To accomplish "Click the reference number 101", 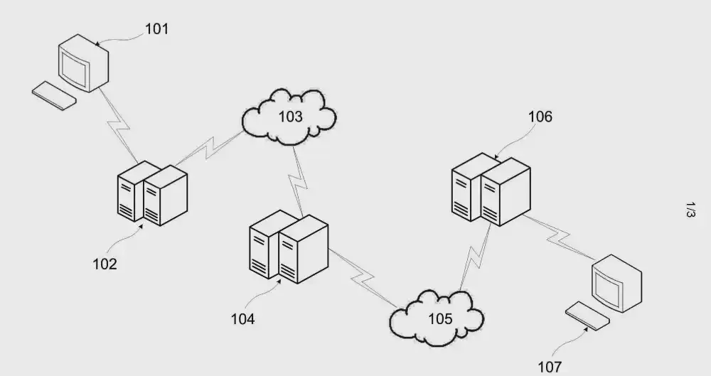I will click(156, 29).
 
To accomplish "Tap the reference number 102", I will click(105, 264).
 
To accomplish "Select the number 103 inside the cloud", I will click(289, 117).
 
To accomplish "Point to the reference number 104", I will click(242, 318).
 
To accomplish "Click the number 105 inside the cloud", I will click(439, 318).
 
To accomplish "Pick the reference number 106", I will click(540, 117).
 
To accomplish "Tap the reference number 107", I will click(550, 367).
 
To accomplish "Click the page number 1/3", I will click(690, 210).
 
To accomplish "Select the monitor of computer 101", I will click(80, 66).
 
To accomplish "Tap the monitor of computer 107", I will click(616, 284).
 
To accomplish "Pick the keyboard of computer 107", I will click(587, 316).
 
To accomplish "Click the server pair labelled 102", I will click(151, 193).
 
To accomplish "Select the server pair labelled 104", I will click(288, 246).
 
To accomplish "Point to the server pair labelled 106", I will click(491, 188).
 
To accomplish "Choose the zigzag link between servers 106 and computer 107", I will click(560, 237).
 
